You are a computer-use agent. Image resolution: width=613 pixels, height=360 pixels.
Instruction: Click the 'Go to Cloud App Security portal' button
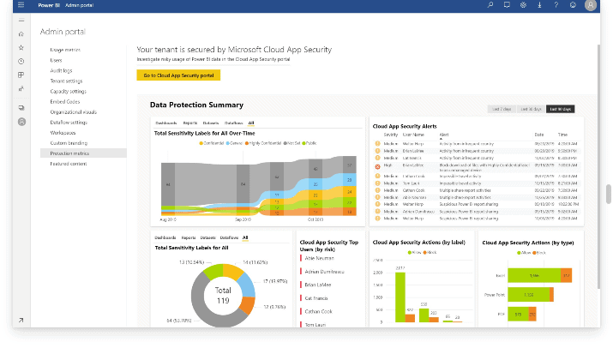(x=178, y=75)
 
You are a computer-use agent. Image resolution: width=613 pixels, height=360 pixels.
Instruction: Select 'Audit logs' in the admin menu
(x=61, y=71)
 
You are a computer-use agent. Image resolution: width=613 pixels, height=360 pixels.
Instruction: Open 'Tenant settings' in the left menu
(x=66, y=81)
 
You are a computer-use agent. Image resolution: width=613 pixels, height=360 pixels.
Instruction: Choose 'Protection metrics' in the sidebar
(x=69, y=153)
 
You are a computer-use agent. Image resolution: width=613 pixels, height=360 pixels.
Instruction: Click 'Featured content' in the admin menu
(x=68, y=163)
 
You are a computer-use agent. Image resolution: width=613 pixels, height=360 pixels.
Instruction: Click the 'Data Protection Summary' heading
(x=196, y=105)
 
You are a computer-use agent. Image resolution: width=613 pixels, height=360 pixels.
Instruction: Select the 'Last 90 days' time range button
(x=561, y=109)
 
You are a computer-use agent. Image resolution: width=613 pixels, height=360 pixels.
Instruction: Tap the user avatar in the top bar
(x=591, y=5)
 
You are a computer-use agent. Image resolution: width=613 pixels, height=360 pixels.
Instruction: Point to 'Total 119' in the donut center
(x=223, y=295)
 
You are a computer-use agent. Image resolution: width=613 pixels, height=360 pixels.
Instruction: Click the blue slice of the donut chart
(x=245, y=282)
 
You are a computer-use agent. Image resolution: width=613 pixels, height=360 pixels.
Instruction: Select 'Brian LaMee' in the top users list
(x=320, y=284)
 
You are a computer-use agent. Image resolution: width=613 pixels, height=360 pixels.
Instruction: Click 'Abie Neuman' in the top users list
(x=319, y=256)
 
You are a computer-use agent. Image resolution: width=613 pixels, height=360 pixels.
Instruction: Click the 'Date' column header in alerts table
(x=539, y=135)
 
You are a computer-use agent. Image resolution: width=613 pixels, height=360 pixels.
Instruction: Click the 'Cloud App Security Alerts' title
(x=411, y=125)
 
